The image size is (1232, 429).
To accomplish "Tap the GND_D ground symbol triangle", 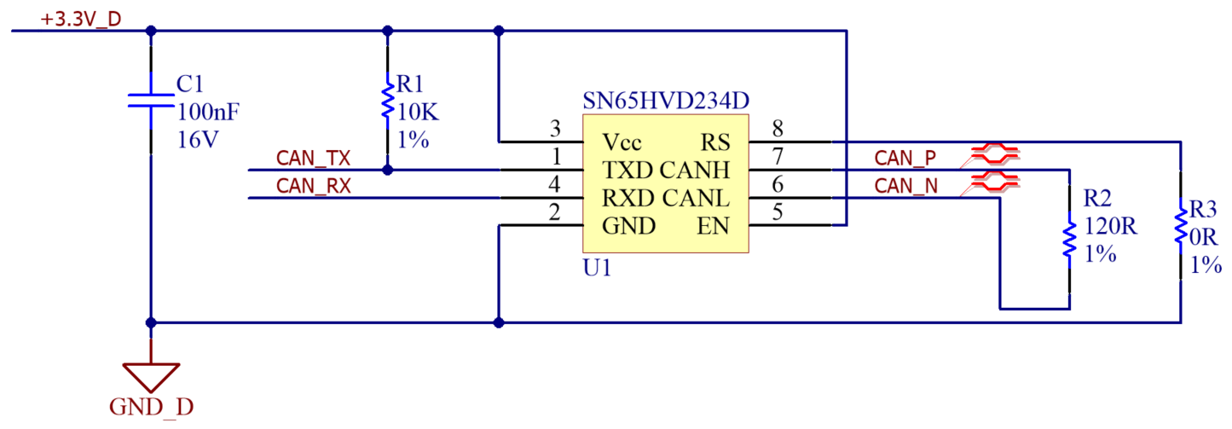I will [x=151, y=374].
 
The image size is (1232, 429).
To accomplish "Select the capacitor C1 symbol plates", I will [x=151, y=100].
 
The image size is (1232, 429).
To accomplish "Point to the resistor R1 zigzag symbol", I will [x=388, y=101].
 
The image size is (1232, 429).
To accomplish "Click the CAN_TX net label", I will [x=313, y=159].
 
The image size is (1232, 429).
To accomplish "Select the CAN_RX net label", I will [x=313, y=187].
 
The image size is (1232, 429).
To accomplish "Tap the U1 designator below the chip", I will [x=596, y=268].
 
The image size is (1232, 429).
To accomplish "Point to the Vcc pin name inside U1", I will [x=622, y=142].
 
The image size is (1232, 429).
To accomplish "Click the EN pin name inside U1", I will [x=714, y=226].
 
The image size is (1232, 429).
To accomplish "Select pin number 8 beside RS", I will [x=777, y=130].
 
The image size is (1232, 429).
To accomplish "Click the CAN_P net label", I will [x=905, y=159].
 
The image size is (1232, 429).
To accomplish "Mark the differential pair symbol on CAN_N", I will [x=992, y=181].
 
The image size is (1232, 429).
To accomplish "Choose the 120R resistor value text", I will [x=1111, y=227].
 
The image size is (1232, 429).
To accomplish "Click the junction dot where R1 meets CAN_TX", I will [x=388, y=170].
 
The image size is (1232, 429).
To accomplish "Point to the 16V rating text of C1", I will [x=198, y=140].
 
